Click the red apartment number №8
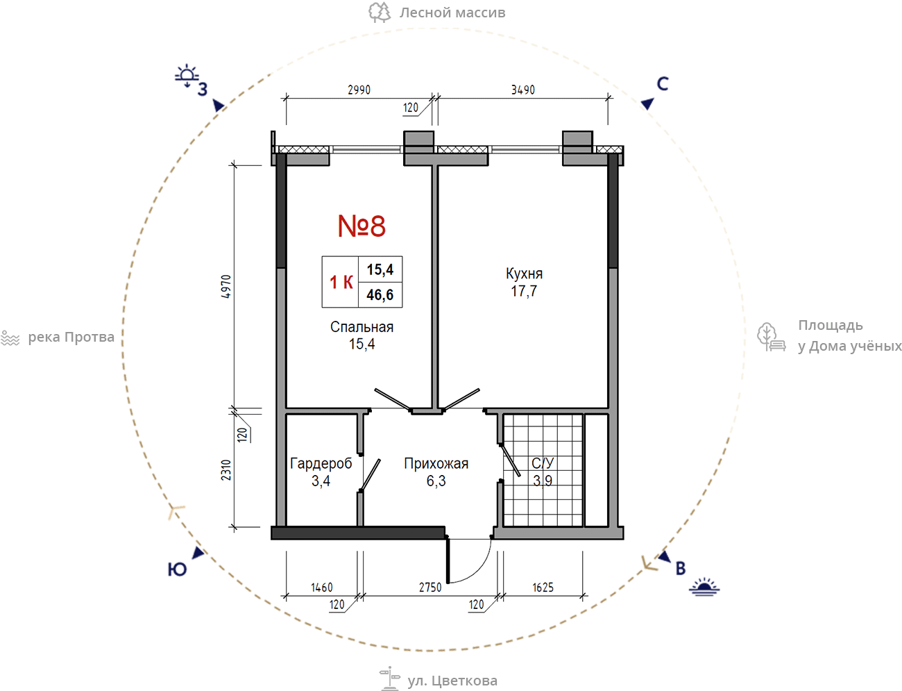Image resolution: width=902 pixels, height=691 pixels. pos(361,226)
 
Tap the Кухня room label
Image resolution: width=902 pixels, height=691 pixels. pos(524,274)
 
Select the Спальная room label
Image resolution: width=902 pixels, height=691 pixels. pos(361,327)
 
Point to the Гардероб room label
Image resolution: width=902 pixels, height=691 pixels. pos(321,463)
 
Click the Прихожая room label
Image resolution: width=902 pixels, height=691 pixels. pos(436,463)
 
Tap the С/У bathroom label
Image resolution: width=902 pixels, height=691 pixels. pos(543,463)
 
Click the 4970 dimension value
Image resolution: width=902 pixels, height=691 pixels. pos(226,286)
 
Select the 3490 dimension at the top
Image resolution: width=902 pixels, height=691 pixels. pos(522,90)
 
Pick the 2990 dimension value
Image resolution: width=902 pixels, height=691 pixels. pos(359,90)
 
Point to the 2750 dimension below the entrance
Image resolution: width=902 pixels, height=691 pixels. pos(430,588)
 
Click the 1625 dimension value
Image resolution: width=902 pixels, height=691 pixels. pos(543,588)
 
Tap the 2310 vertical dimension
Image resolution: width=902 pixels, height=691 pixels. pos(226,470)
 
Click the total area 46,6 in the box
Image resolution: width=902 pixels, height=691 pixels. pos(380,295)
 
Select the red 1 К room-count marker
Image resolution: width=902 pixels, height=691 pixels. pos(341,282)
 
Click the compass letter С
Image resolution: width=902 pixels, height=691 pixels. pos(663,84)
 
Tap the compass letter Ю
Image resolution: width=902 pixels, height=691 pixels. pos(177,569)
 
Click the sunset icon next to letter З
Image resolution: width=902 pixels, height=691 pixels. pos(187,76)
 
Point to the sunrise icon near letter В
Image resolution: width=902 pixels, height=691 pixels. pos(704,587)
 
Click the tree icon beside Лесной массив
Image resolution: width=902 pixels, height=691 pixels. pos(380,13)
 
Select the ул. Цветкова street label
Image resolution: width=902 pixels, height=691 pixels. pos(452,681)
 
